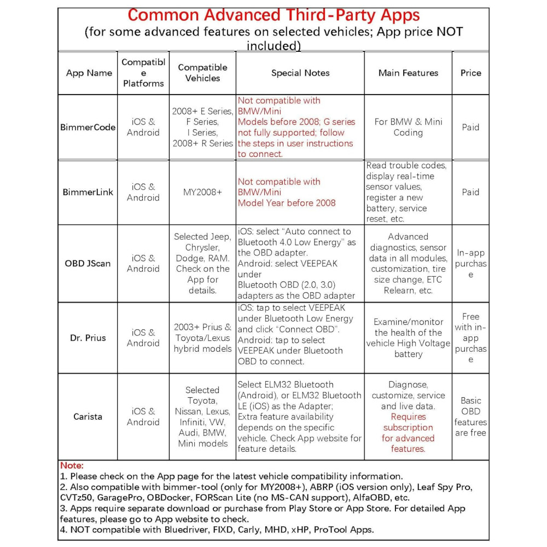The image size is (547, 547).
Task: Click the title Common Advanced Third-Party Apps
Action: point(273,15)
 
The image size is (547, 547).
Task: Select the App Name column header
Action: point(89,73)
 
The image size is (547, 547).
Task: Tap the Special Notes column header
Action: point(300,73)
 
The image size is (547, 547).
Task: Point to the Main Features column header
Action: point(408,73)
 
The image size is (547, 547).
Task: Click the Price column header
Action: point(470,73)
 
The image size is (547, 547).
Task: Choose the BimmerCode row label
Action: point(88,127)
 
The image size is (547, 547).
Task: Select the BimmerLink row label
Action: point(88,192)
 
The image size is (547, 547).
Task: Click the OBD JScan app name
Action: point(88,263)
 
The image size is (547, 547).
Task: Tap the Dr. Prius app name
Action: point(88,337)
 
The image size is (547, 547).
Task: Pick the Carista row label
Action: point(88,416)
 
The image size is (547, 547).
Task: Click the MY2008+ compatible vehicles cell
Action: point(202,192)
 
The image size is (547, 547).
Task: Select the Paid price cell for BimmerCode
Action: point(470,127)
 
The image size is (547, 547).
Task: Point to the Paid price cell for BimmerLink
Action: point(470,192)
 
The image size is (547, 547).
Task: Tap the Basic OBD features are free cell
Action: point(470,416)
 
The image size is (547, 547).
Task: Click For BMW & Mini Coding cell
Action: point(408,127)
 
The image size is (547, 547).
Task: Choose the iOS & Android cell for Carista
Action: point(143,416)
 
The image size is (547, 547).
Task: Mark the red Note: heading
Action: point(72,465)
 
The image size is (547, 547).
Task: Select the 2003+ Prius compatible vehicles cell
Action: point(202,337)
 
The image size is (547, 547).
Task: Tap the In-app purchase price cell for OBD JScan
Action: point(470,263)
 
